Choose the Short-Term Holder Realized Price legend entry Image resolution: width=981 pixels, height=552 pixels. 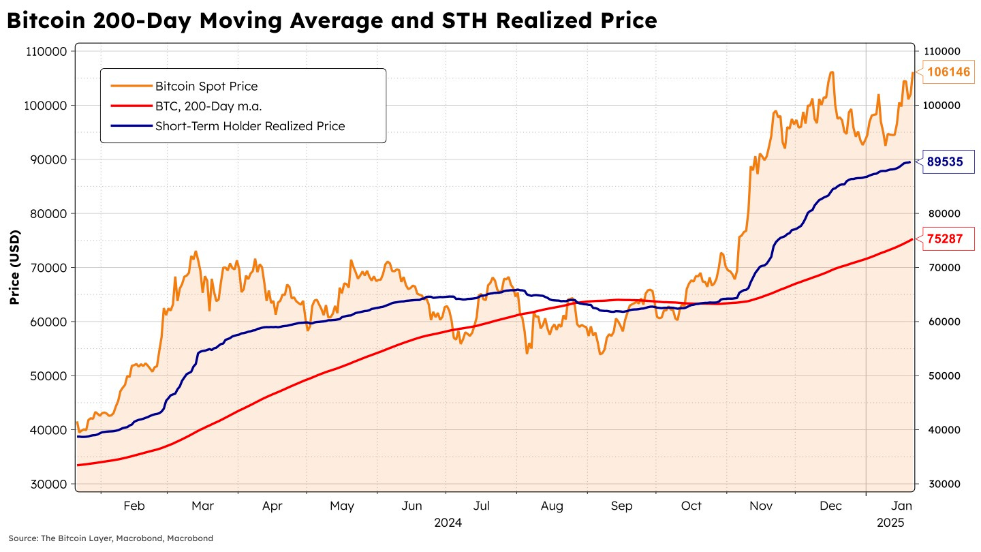click(x=249, y=125)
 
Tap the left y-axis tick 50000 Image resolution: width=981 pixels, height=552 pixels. click(x=48, y=375)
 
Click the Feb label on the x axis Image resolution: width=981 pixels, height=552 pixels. click(x=134, y=506)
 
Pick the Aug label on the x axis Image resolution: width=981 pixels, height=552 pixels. click(x=552, y=506)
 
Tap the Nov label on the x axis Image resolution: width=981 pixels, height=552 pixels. click(x=761, y=506)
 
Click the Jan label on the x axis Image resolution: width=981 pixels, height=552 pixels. click(x=901, y=506)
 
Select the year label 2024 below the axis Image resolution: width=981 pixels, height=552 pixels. click(x=448, y=523)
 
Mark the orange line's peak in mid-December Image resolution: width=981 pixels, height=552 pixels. click(x=831, y=72)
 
